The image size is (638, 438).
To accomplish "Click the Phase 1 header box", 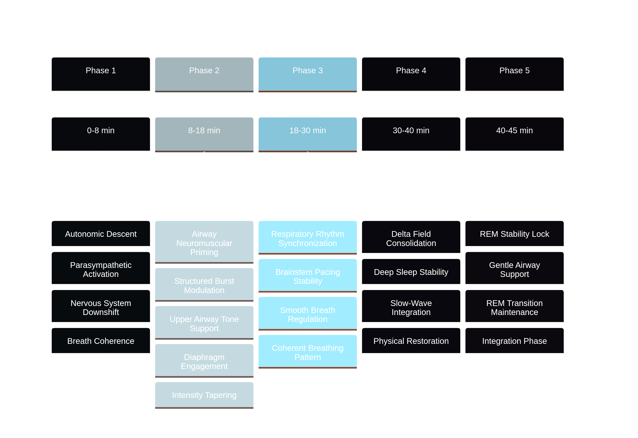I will pos(101,74).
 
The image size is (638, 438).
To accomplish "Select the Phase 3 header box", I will pos(308,74).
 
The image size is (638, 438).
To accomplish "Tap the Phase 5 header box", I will pos(514,74).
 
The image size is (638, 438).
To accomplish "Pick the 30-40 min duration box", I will pos(411,134).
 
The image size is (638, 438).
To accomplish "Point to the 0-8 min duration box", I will pos(101,134).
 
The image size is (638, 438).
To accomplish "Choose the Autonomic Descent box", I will pos(101,234).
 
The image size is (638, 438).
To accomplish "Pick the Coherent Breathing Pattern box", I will pos(308,352).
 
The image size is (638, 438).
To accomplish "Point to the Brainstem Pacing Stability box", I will pos(308,276).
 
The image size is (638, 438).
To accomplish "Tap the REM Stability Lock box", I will pos(514,234).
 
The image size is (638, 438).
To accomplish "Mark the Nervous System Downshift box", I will pos(101,307).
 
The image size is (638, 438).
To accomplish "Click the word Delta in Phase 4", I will pos(401,234).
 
